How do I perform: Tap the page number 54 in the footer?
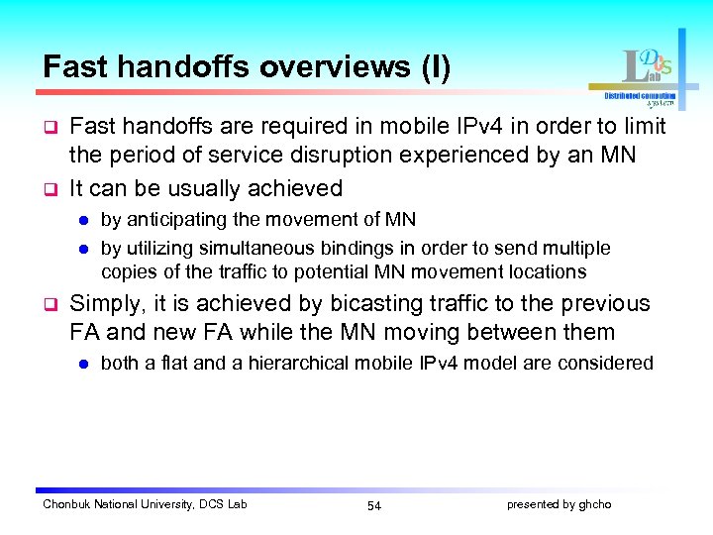coord(373,505)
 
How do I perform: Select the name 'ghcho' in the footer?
coord(595,504)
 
